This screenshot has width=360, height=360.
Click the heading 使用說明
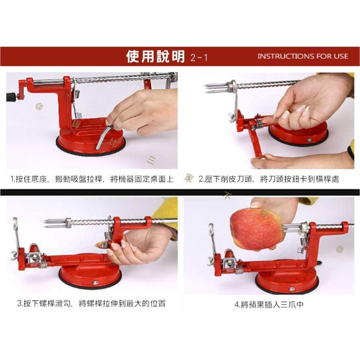pyautogui.click(x=155, y=57)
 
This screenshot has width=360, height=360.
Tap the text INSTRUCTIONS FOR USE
pyautogui.click(x=303, y=57)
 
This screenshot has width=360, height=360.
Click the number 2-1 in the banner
pyautogui.click(x=199, y=58)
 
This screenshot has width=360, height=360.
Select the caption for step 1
pyautogui.click(x=92, y=179)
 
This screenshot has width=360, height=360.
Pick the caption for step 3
pyautogui.click(x=91, y=303)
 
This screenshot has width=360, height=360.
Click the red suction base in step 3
pyautogui.click(x=90, y=275)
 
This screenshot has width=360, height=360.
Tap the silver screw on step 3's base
pyautogui.click(x=95, y=283)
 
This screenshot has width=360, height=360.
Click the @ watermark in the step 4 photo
pyautogui.click(x=339, y=249)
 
